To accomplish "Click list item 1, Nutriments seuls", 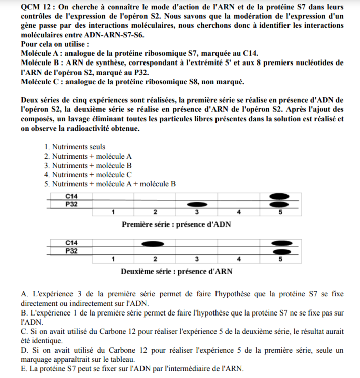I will pyautogui.click(x=79, y=147).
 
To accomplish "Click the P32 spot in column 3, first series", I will pyautogui.click(x=197, y=204).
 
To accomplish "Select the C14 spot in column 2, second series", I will pyautogui.click(x=155, y=243).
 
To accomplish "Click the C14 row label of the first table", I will pyautogui.click(x=70, y=196).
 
